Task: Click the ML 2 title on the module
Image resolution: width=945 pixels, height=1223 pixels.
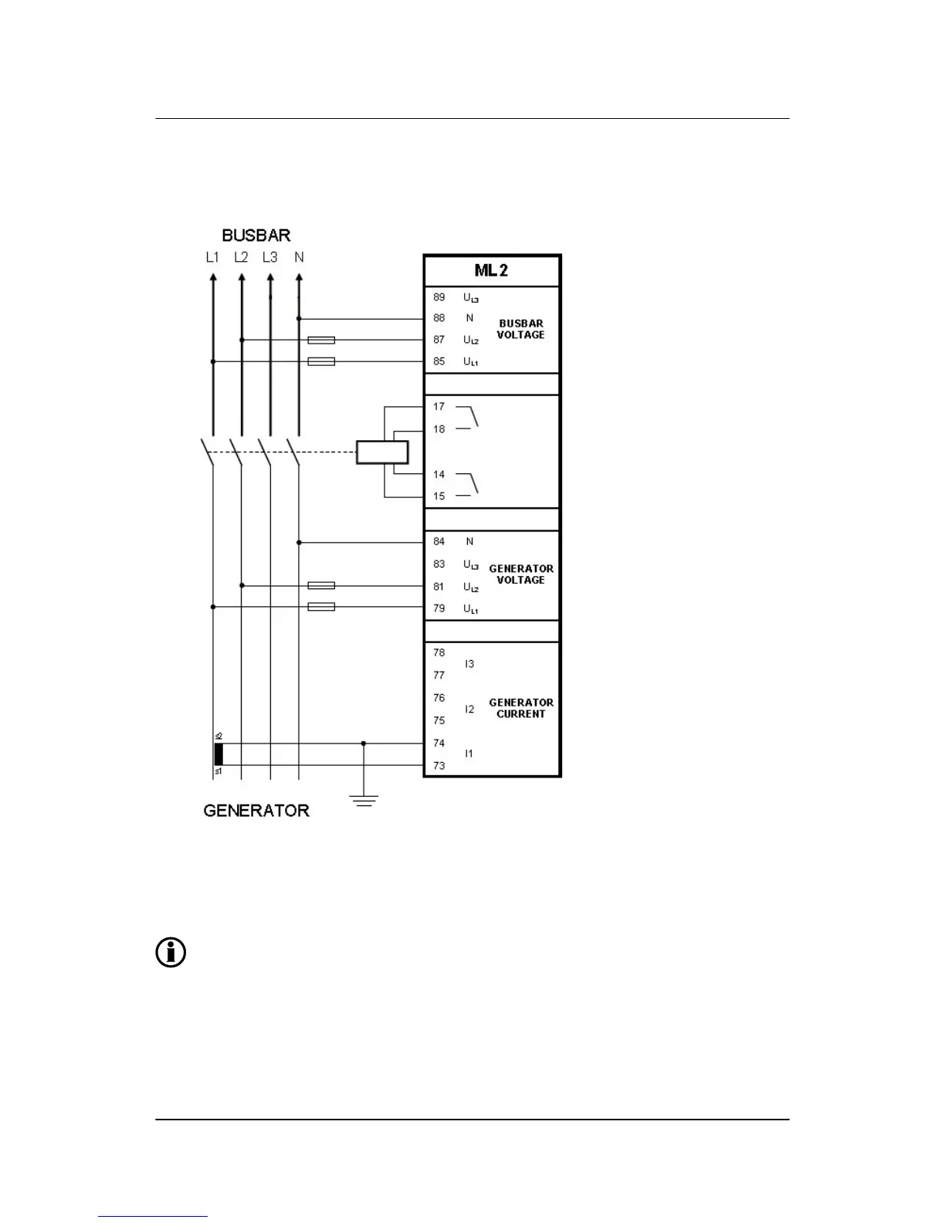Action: (x=491, y=271)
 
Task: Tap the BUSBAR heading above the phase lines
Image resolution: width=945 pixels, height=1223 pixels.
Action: (x=256, y=235)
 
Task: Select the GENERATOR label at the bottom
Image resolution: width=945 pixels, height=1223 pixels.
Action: (x=256, y=810)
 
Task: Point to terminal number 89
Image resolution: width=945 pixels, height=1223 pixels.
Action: (x=439, y=297)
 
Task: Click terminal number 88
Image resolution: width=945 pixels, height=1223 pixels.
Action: (x=439, y=318)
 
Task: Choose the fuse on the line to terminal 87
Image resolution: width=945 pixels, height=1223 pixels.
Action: (x=321, y=340)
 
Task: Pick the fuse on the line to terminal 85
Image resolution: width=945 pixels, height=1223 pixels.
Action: (x=321, y=361)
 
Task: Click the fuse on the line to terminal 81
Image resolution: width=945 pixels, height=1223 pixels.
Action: (x=321, y=586)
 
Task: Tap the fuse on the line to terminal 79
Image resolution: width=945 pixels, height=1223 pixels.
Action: (x=321, y=607)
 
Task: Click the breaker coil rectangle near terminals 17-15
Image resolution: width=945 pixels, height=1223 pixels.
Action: (x=382, y=452)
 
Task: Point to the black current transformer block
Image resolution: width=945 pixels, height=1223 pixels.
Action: (x=218, y=754)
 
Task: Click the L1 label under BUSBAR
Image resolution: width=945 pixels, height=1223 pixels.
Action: (x=212, y=257)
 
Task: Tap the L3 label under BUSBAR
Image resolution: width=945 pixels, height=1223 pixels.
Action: (x=269, y=257)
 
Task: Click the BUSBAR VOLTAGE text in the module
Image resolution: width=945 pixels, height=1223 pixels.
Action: (x=520, y=329)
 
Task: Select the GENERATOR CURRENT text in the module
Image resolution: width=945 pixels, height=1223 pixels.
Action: (x=521, y=708)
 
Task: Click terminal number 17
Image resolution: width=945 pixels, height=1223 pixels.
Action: (x=439, y=406)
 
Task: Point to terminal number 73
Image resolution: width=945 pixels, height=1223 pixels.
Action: (x=439, y=766)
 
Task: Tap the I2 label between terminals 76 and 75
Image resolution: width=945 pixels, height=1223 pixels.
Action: (x=469, y=709)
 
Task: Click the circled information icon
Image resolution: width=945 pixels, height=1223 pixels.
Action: (x=171, y=953)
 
